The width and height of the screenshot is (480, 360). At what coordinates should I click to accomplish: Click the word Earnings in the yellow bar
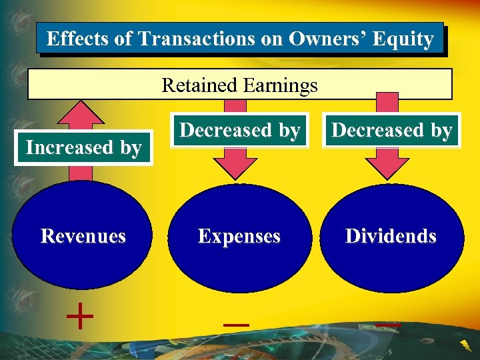click(x=281, y=85)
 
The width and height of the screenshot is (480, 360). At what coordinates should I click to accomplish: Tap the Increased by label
click(x=83, y=147)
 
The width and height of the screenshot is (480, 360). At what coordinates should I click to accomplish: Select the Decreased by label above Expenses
click(x=240, y=131)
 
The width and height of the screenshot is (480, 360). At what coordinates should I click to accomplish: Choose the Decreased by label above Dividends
click(x=392, y=131)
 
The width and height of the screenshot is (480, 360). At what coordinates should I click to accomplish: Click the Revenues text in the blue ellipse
click(x=83, y=236)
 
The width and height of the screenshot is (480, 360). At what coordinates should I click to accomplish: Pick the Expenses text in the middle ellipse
click(x=239, y=237)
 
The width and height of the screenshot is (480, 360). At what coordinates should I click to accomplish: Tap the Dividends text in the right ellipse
click(x=391, y=237)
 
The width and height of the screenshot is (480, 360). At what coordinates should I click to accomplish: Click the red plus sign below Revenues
click(x=80, y=317)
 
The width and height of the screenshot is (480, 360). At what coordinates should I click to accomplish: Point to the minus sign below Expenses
click(x=236, y=325)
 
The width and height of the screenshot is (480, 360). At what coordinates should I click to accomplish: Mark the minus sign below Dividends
click(x=387, y=325)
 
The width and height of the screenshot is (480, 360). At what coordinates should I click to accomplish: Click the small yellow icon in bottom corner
click(x=466, y=345)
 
